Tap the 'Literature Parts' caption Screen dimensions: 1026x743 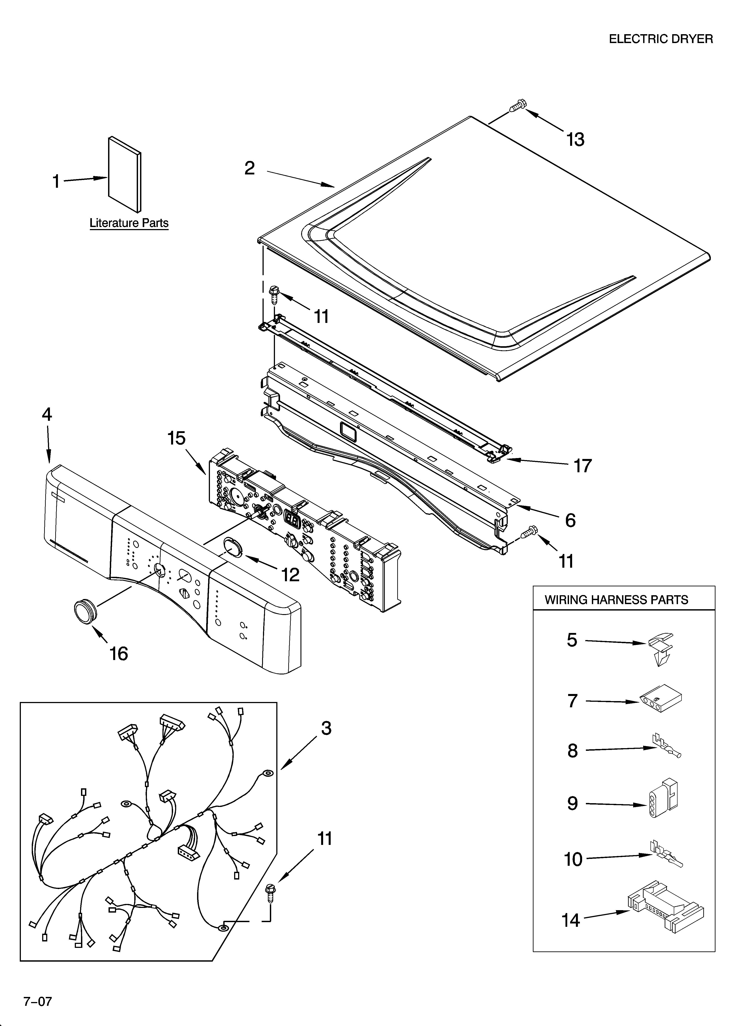click(129, 223)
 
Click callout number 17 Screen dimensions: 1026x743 click(583, 465)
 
